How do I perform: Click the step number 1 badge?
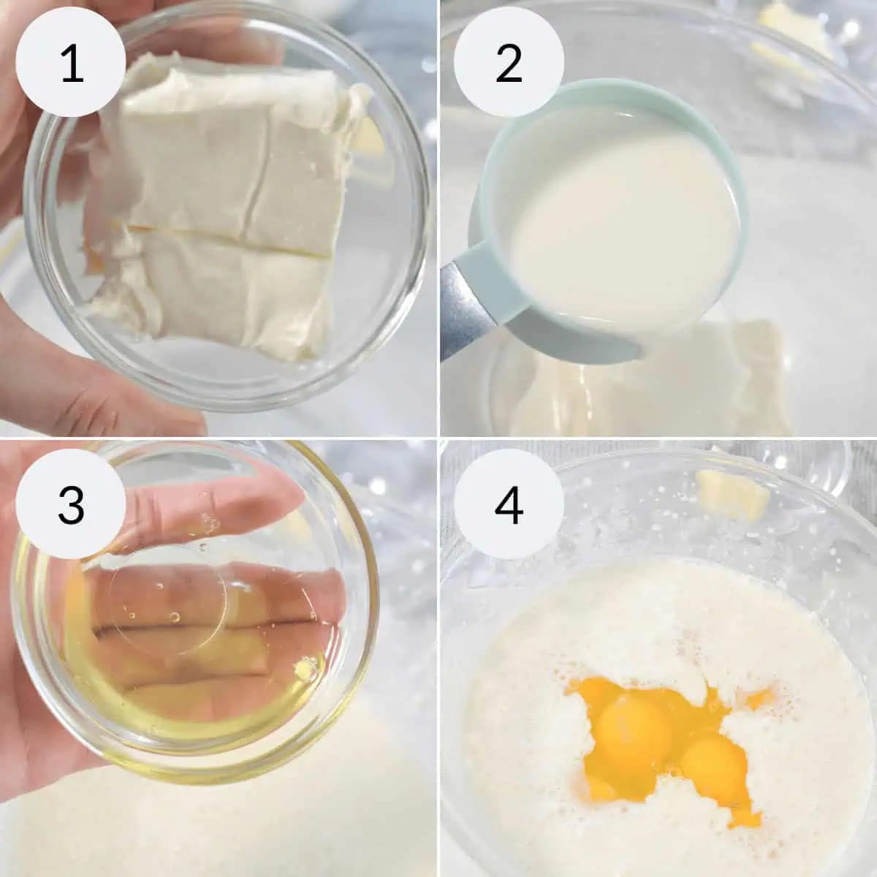click(x=71, y=62)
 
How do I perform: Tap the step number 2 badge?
click(x=509, y=62)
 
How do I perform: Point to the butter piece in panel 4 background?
click(x=733, y=496)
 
